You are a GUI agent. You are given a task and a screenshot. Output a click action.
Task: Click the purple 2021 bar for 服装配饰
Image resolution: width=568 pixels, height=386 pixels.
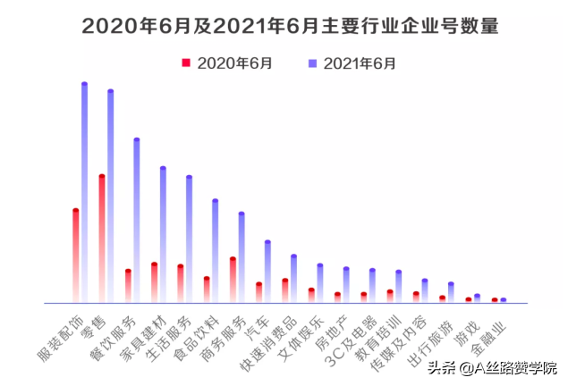point(85,192)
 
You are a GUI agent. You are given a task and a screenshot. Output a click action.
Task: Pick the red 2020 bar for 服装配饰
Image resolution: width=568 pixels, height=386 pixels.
point(76,256)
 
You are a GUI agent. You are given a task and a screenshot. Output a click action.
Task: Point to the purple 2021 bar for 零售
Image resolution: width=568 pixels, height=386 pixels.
point(111,196)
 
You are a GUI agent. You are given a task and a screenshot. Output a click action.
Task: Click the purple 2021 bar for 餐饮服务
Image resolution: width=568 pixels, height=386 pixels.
point(137,220)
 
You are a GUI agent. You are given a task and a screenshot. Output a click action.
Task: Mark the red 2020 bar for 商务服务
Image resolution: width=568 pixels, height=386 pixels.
point(233,280)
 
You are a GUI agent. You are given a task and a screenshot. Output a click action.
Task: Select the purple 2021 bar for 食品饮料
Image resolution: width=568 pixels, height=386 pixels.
point(215,250)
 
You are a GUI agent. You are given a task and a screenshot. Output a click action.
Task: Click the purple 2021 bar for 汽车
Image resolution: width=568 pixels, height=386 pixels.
point(267,272)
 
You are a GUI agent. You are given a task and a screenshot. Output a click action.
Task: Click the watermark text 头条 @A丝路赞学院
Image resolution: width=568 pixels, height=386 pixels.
point(491,367)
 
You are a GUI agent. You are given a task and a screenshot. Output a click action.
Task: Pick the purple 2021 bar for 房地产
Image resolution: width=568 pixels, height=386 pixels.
point(346,284)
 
